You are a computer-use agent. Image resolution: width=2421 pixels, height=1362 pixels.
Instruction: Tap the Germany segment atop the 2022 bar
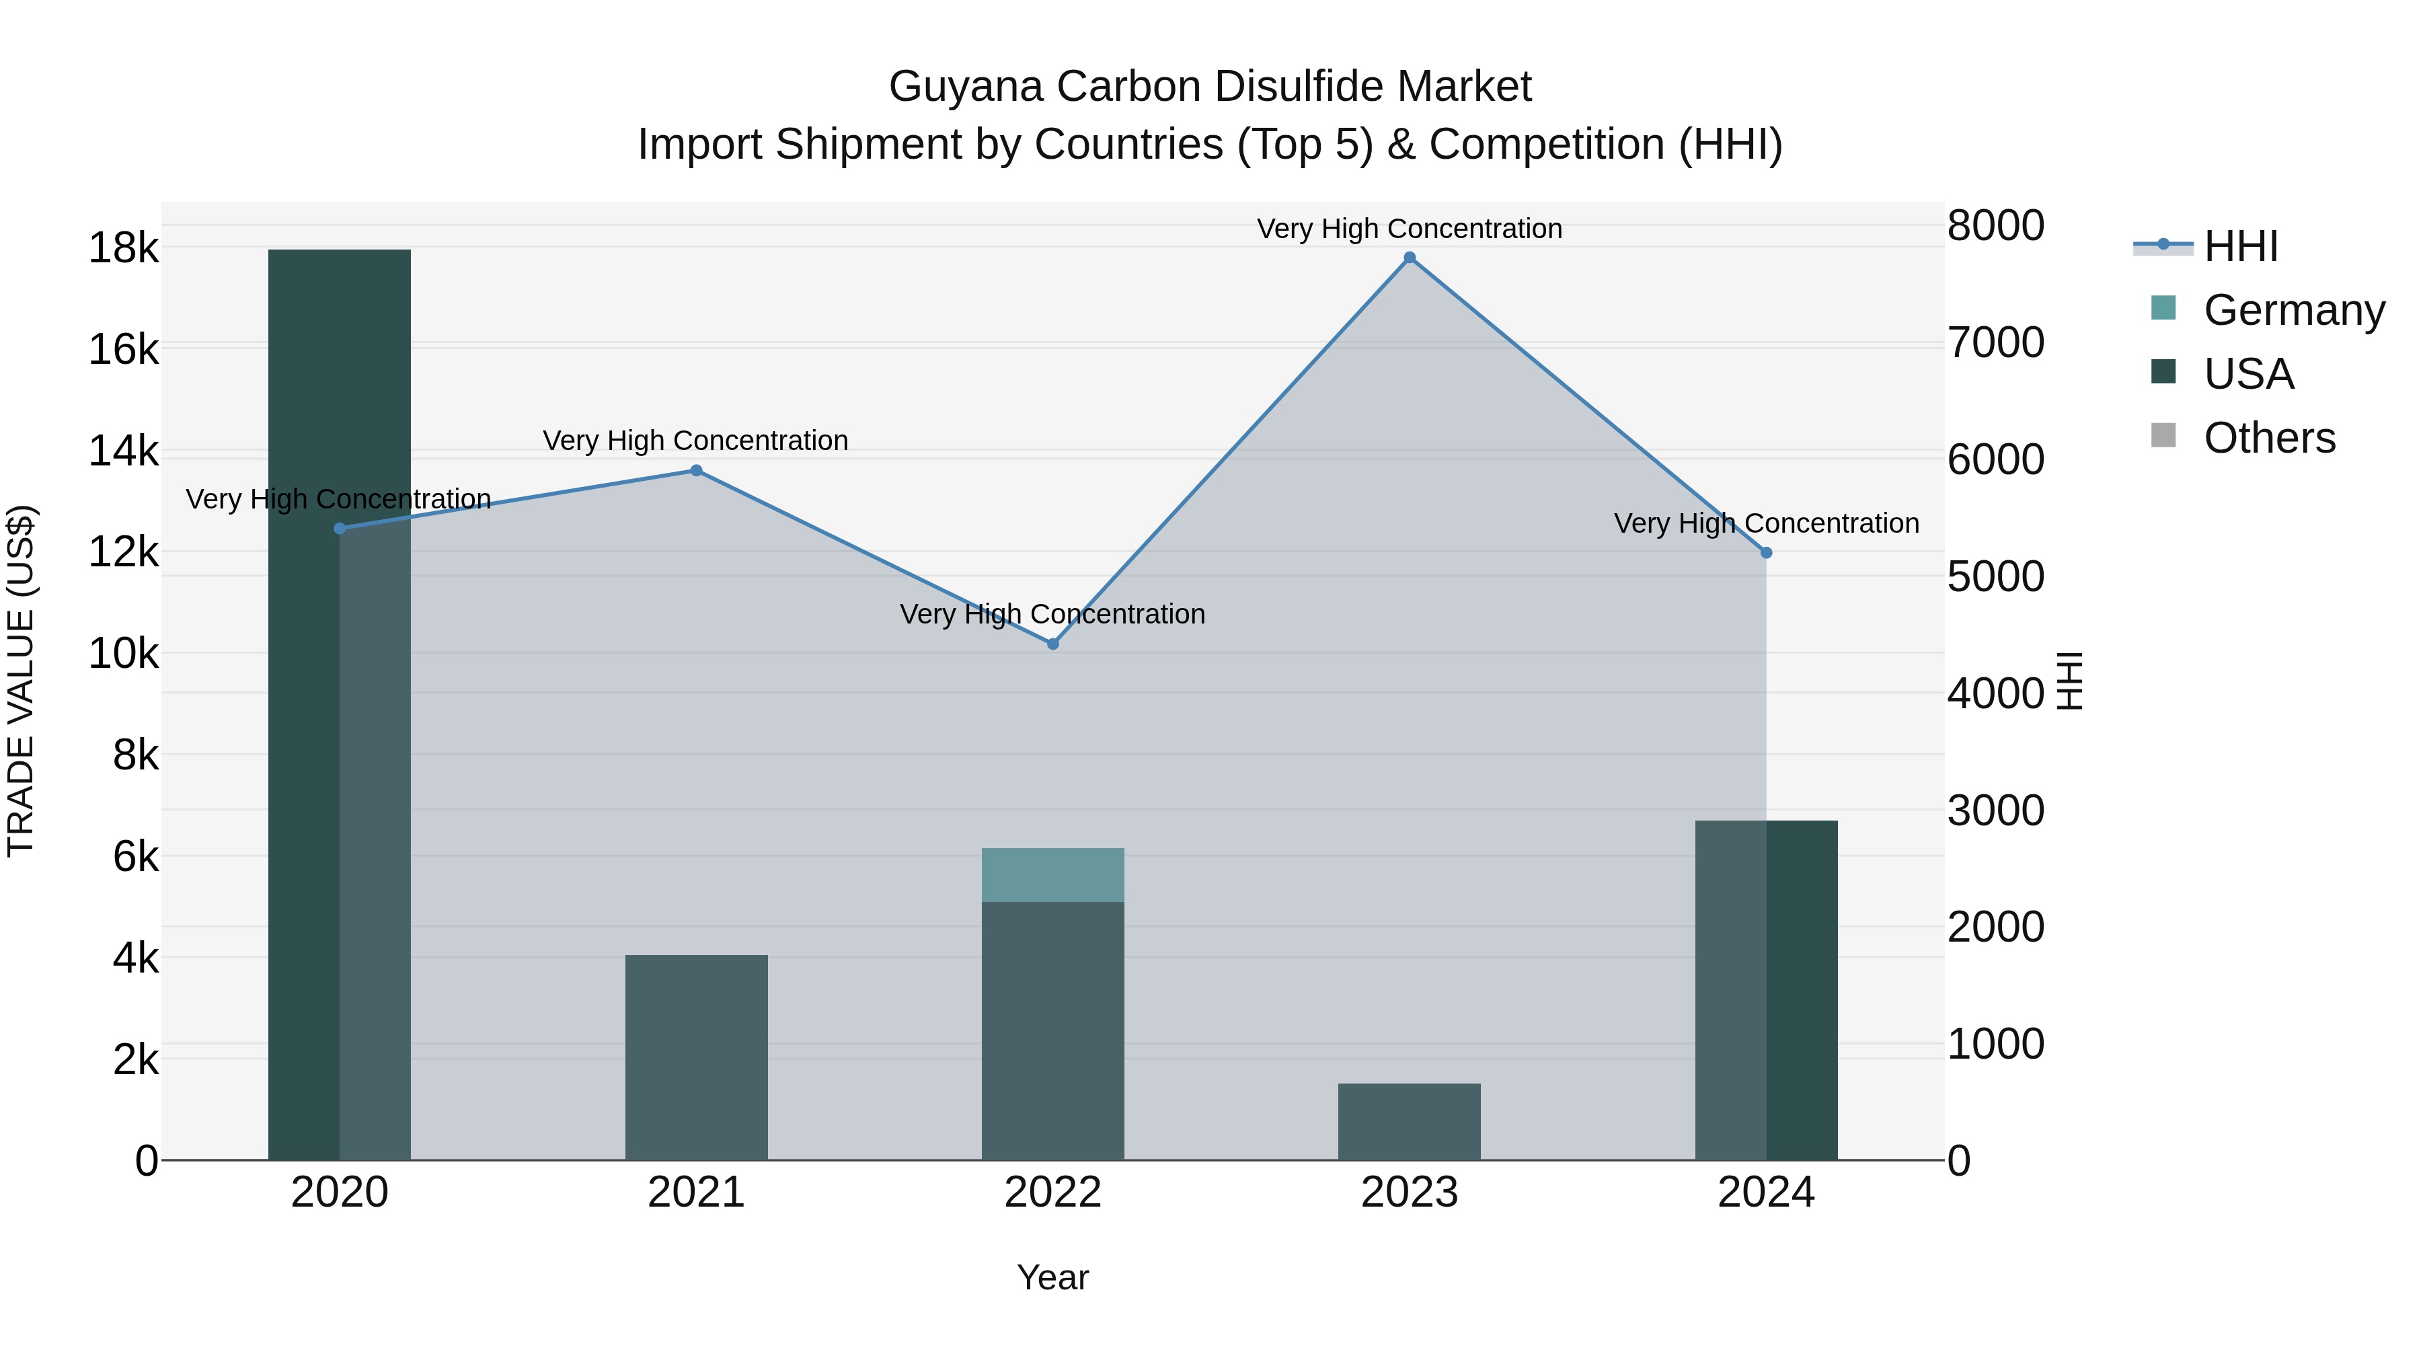(x=1052, y=875)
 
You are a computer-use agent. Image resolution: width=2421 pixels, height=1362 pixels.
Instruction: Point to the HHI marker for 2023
(x=1409, y=258)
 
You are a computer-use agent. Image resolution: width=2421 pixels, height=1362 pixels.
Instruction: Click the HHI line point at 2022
(x=1052, y=644)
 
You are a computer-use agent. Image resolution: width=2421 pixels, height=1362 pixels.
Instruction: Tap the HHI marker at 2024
(x=1766, y=553)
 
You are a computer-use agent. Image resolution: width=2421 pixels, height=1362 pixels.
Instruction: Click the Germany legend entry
(x=2293, y=310)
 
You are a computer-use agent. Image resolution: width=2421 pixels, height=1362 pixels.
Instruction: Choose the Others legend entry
(x=2269, y=438)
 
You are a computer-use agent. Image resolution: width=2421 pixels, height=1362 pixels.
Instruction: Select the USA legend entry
(x=2248, y=374)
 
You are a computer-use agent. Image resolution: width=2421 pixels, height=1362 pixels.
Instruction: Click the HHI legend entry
(x=2241, y=246)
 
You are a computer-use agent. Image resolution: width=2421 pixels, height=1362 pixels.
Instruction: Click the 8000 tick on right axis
(x=1995, y=225)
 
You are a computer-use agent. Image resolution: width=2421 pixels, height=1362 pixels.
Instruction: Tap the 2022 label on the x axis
(x=1052, y=1193)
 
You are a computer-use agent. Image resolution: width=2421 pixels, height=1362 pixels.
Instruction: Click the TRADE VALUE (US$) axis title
(x=21, y=679)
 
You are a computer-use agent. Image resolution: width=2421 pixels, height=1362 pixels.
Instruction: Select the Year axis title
(x=1052, y=1277)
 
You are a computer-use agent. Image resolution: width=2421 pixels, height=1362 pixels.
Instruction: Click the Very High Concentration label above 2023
(x=1409, y=229)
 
